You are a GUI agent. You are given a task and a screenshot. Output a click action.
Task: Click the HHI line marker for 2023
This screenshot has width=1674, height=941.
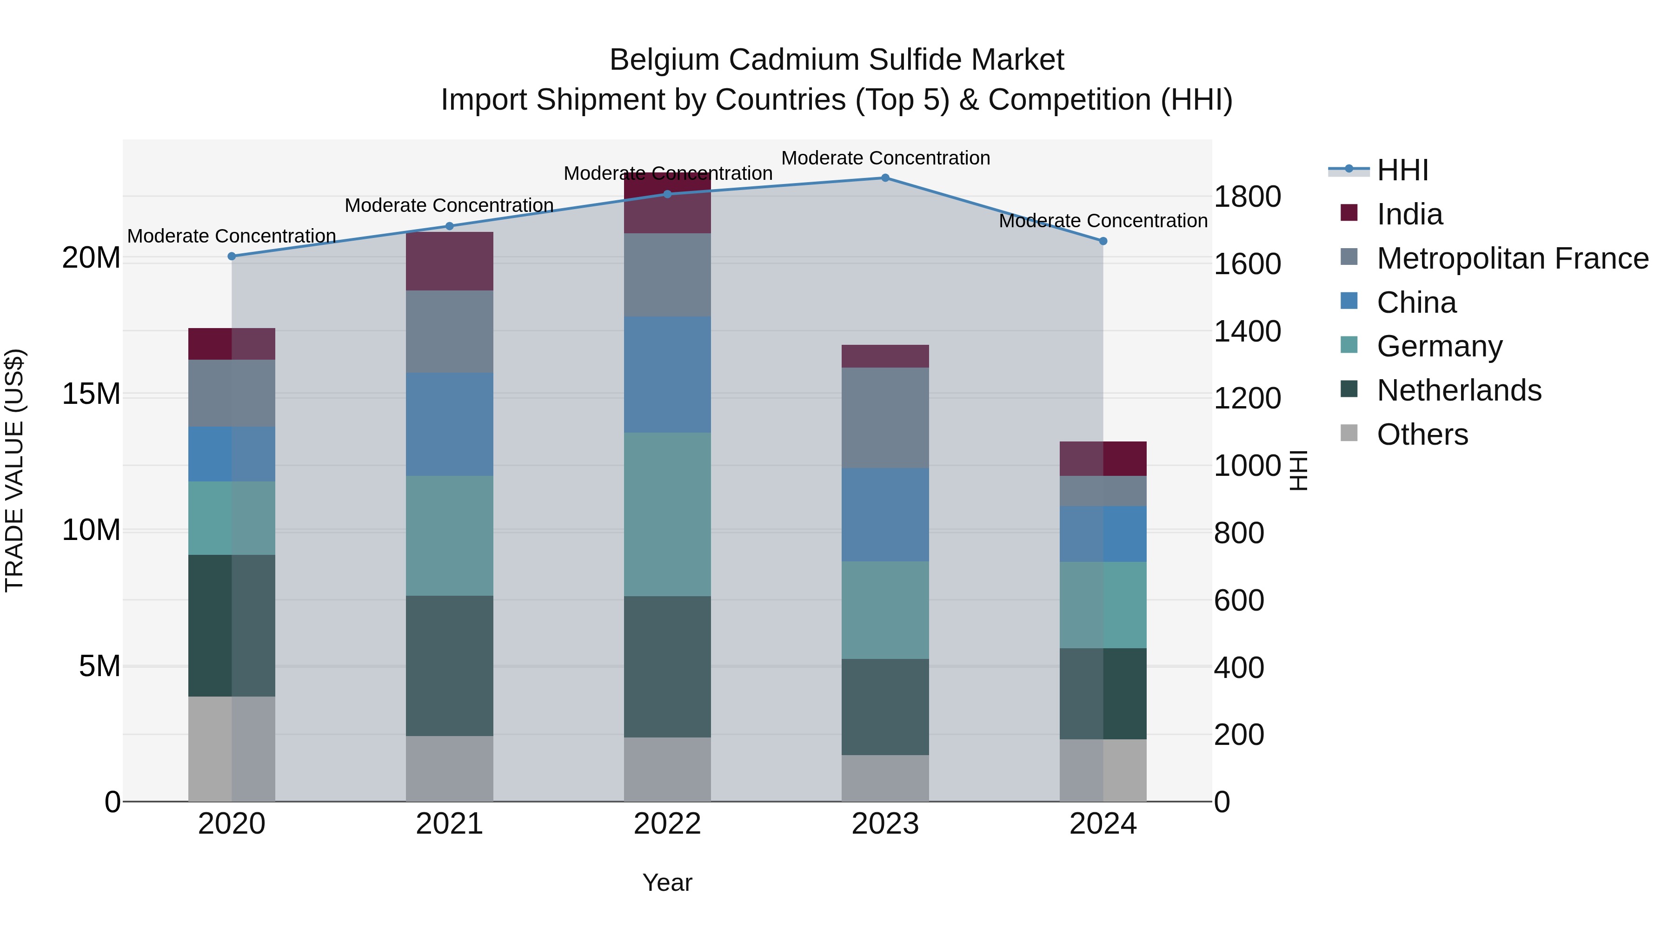tap(885, 178)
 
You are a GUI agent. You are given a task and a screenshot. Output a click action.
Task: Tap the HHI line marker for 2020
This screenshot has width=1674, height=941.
tap(232, 257)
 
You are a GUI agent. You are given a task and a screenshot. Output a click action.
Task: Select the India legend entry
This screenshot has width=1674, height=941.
tap(1409, 214)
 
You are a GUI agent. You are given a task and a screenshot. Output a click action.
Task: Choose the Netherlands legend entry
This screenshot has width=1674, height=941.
tap(1458, 390)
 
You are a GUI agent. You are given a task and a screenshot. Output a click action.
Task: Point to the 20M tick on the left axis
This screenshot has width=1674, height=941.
tap(91, 258)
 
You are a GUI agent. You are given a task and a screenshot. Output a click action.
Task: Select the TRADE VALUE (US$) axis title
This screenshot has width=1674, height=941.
tap(14, 470)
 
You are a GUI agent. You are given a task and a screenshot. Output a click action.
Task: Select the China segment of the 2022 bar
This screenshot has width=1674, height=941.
tap(667, 375)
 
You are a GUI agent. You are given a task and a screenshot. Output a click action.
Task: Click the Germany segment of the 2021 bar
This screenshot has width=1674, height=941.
tap(449, 536)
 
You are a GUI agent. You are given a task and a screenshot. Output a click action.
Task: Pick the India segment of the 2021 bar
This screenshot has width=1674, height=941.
tap(449, 261)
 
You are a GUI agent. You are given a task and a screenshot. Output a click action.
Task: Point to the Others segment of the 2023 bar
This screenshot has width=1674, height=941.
tap(885, 778)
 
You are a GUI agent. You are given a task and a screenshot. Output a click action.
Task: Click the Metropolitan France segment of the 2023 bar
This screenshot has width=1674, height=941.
tap(885, 418)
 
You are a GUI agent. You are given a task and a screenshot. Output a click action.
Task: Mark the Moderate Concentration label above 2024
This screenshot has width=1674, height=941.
tap(1103, 221)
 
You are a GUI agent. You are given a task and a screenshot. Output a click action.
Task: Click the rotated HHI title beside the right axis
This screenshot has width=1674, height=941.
tap(1298, 470)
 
